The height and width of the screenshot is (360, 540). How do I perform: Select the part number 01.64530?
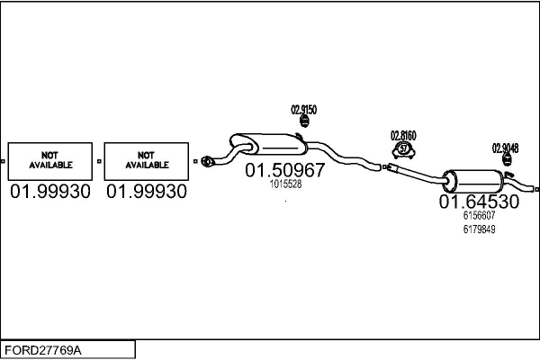(479, 202)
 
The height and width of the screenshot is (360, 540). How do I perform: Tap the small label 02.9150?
(303, 110)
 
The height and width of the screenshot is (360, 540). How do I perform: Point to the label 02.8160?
(403, 136)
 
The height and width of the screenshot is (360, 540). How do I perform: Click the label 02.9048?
(505, 148)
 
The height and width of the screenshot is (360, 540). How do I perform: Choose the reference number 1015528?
(285, 184)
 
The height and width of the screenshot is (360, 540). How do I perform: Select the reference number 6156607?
(479, 216)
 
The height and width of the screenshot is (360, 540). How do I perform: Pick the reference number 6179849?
(479, 229)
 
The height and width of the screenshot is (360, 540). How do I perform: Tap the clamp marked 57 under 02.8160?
(403, 148)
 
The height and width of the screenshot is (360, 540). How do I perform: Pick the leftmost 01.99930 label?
(50, 192)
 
